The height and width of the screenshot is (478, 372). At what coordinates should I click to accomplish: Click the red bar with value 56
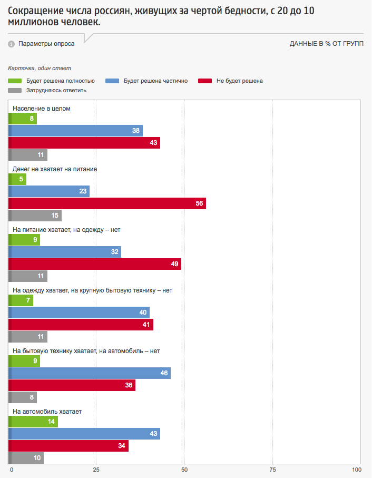click(x=107, y=203)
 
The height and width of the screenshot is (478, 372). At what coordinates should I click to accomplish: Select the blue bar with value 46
click(x=90, y=373)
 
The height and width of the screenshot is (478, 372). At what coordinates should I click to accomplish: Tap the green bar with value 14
click(x=34, y=422)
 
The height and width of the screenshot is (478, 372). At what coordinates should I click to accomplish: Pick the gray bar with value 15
click(x=35, y=216)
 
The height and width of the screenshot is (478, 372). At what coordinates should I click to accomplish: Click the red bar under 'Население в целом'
click(x=84, y=143)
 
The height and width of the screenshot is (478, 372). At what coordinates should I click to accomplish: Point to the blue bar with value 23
click(x=50, y=191)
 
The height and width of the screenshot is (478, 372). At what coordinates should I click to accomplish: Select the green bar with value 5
click(x=18, y=179)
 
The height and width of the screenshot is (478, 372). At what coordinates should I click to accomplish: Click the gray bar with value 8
click(x=23, y=397)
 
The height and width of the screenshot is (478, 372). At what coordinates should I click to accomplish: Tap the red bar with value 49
click(x=95, y=264)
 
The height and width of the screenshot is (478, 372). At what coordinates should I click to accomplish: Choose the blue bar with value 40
click(x=79, y=313)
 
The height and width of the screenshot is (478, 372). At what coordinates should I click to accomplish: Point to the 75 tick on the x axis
click(x=272, y=469)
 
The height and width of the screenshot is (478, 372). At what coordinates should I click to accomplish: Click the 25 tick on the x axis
click(x=96, y=469)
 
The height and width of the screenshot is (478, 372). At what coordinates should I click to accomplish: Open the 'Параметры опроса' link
click(x=46, y=44)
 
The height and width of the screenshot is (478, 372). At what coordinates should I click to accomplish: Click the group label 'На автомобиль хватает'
click(x=47, y=412)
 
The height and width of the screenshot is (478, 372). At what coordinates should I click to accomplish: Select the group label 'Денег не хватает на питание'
click(x=54, y=169)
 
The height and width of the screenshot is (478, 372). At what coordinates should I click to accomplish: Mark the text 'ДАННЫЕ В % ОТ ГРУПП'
click(x=326, y=44)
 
